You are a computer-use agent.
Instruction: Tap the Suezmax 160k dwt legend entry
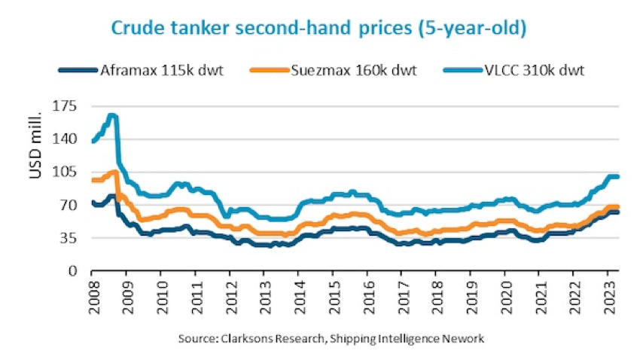pos(352,71)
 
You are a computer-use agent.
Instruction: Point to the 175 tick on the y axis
pos(66,106)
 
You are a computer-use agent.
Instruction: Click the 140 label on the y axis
pos(66,139)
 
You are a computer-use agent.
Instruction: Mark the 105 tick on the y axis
pos(66,172)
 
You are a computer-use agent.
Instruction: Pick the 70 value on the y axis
pos(69,205)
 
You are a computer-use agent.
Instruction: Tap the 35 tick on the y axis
pos(69,238)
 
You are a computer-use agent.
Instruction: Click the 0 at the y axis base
pos(73,270)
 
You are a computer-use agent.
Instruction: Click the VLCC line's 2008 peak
pos(112,115)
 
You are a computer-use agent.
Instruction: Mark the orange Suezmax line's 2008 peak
pos(114,172)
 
